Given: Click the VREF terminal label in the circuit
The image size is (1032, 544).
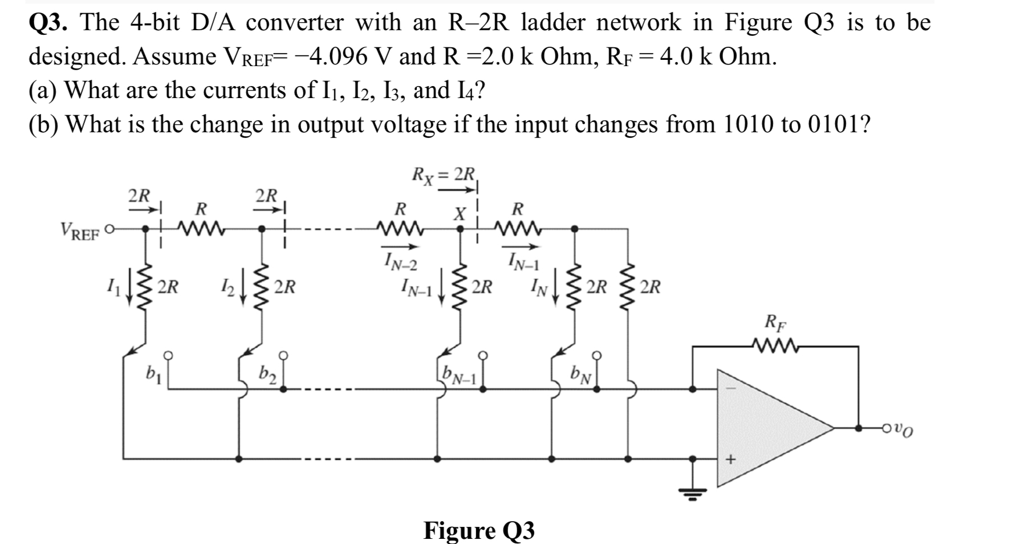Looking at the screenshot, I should pyautogui.click(x=79, y=232).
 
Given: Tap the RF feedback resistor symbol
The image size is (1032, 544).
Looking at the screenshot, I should pyautogui.click(x=776, y=346).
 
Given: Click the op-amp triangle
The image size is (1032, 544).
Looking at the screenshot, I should pyautogui.click(x=764, y=428).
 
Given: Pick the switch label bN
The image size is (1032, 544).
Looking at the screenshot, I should pyautogui.click(x=583, y=375).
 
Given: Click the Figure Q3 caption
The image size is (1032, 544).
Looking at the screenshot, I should pyautogui.click(x=479, y=530).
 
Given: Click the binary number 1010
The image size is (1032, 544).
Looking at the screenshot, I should pyautogui.click(x=749, y=124).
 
